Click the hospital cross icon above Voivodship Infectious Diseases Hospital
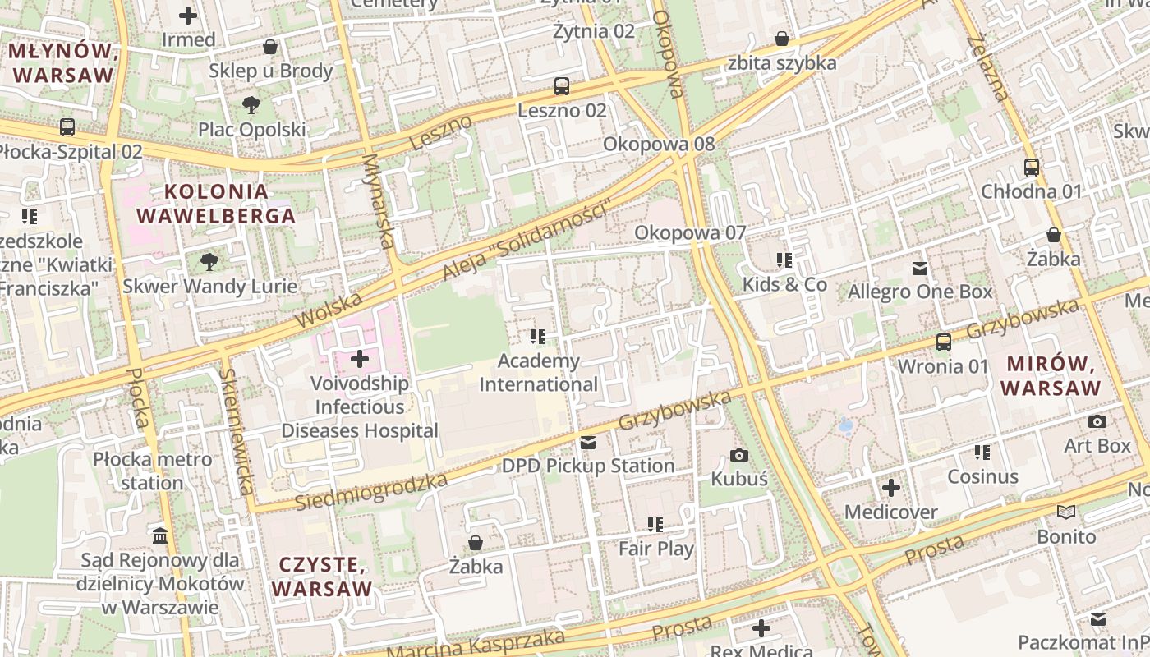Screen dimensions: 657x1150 (360, 359)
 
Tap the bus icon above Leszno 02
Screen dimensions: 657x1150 (562, 86)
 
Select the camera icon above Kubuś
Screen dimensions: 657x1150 (738, 454)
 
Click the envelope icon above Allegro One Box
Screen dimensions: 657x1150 (920, 269)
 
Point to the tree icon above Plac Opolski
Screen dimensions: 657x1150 (251, 105)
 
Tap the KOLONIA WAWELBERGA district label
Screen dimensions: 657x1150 (215, 204)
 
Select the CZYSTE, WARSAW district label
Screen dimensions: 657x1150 (322, 577)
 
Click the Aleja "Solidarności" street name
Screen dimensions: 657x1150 (528, 241)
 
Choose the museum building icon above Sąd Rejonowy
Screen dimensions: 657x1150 (160, 536)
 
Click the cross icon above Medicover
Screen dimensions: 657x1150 (891, 489)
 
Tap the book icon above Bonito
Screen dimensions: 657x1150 (1066, 512)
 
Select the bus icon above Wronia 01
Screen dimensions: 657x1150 (944, 342)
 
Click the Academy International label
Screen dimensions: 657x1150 (539, 373)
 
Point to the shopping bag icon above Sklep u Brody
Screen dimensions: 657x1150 (270, 47)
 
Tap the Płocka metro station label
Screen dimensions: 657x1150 (152, 471)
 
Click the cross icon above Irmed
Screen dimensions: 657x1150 (188, 15)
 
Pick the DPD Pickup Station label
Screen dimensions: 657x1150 (588, 466)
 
